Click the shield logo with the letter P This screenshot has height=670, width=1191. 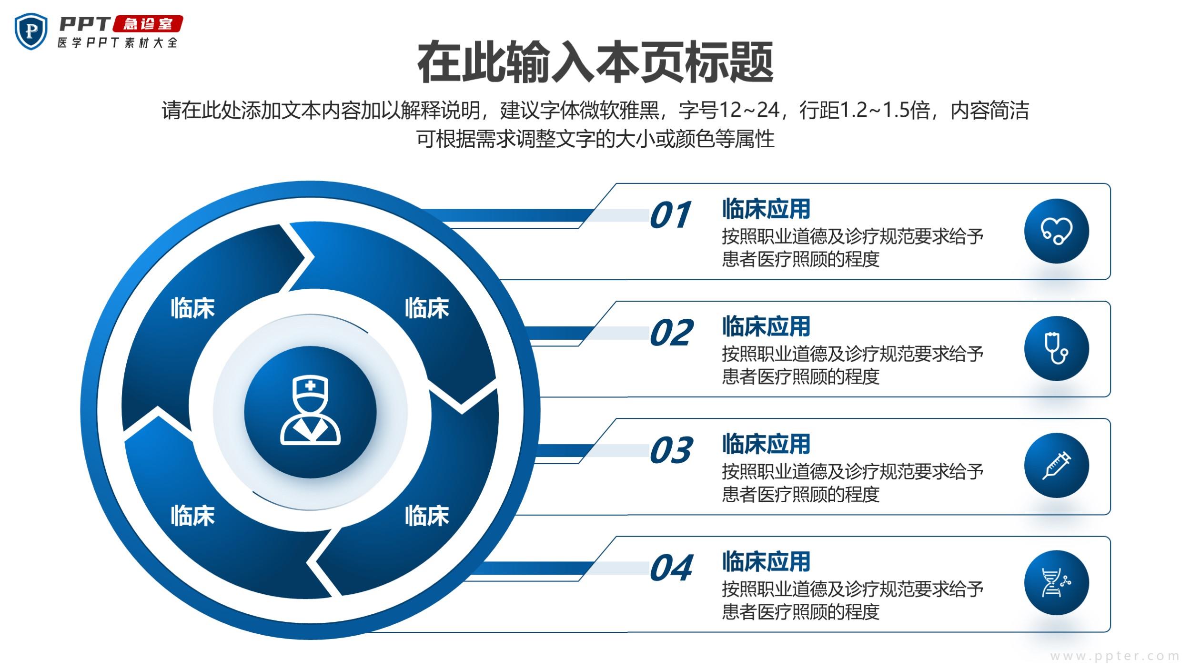31,31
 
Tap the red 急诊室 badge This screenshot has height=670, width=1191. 148,24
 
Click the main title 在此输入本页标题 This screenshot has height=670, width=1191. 595,62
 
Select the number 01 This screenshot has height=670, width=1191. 670,215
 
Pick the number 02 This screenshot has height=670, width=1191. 671,333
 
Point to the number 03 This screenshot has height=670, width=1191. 671,450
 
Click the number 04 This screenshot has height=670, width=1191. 671,568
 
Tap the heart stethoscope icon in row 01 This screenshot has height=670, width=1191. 1057,231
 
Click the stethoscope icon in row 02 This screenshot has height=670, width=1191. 1056,349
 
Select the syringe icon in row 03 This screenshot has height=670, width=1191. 1057,466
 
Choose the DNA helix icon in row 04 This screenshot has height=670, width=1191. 1056,583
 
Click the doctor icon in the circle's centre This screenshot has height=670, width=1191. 310,410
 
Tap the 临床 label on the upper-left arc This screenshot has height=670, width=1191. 193,308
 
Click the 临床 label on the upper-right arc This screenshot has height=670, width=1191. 427,308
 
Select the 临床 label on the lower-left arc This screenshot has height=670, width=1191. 193,516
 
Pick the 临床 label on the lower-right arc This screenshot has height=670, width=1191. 427,516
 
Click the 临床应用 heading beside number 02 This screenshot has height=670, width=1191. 766,326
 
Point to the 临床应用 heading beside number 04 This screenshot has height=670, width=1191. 766,561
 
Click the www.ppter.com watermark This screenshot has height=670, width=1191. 1114,656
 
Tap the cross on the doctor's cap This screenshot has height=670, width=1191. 310,386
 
